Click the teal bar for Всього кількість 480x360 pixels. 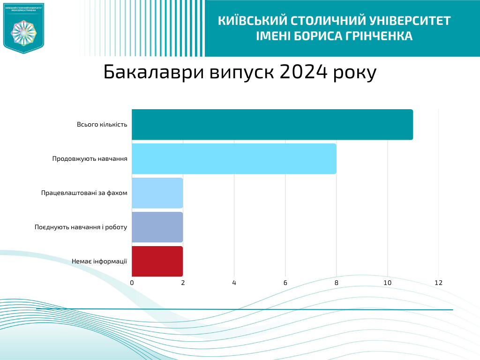pos(272,125)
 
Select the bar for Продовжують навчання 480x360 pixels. pos(234,159)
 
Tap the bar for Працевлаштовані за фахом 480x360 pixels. pos(157,193)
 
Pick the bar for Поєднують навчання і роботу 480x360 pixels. pos(157,227)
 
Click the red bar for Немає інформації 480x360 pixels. pos(157,261)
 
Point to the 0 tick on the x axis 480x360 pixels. pos(132,283)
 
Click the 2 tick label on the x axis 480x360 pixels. pos(183,283)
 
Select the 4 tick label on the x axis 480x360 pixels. pos(234,283)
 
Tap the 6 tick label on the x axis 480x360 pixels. pos(285,283)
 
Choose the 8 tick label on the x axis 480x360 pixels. pos(336,283)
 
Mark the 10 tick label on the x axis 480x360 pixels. pos(387,283)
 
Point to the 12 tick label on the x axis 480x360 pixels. pos(438,283)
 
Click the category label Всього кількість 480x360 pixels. pos(102,125)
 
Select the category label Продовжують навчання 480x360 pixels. pos(90,159)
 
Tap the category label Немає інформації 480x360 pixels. pos(99,261)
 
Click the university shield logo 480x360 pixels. pos(23,28)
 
